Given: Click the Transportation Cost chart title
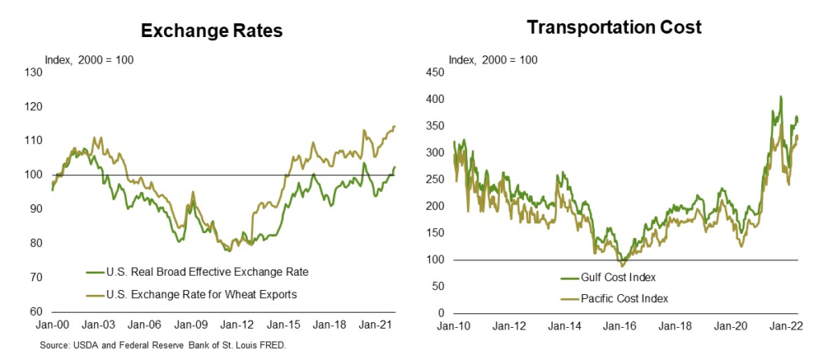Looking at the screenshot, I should pos(614,27).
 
